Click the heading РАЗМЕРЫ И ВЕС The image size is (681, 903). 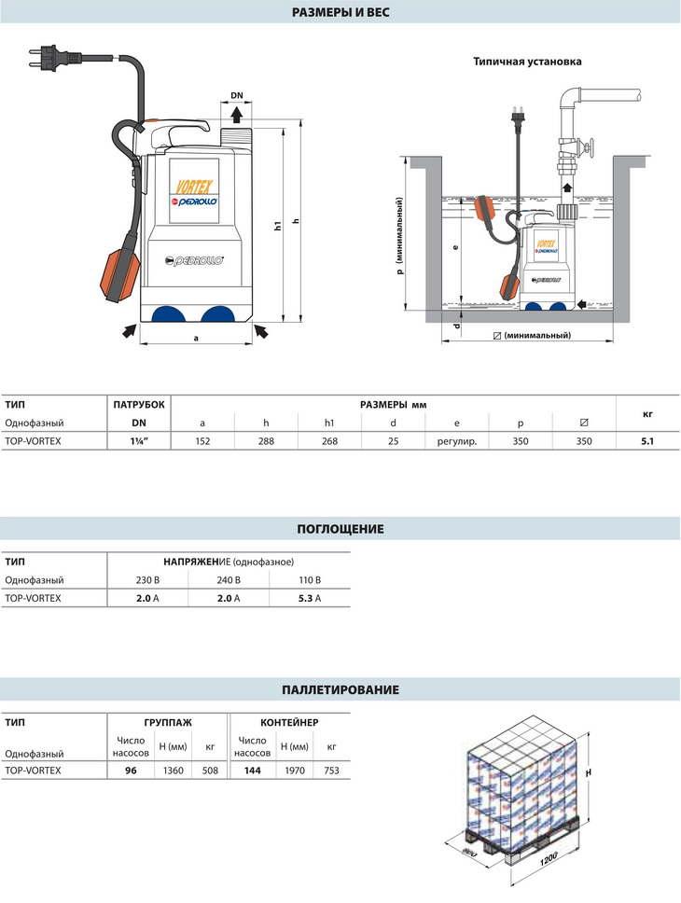pyautogui.click(x=340, y=12)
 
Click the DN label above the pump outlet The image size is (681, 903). pyautogui.click(x=237, y=96)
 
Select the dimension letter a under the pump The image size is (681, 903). pyautogui.click(x=196, y=338)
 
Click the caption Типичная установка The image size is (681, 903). pyautogui.click(x=527, y=62)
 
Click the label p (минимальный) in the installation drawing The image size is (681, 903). pyautogui.click(x=399, y=237)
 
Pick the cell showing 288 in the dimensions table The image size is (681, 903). pyautogui.click(x=266, y=441)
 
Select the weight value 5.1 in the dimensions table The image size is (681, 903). pyautogui.click(x=647, y=441)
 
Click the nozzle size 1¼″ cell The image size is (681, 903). pyautogui.click(x=139, y=441)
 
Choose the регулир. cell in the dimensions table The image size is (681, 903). pyautogui.click(x=457, y=441)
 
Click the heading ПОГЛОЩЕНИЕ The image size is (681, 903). pyautogui.click(x=340, y=529)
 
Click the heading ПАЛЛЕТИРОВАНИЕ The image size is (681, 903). pyautogui.click(x=340, y=690)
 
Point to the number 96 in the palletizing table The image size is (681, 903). pyautogui.click(x=132, y=771)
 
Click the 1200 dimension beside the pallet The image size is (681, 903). pyautogui.click(x=549, y=854)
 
